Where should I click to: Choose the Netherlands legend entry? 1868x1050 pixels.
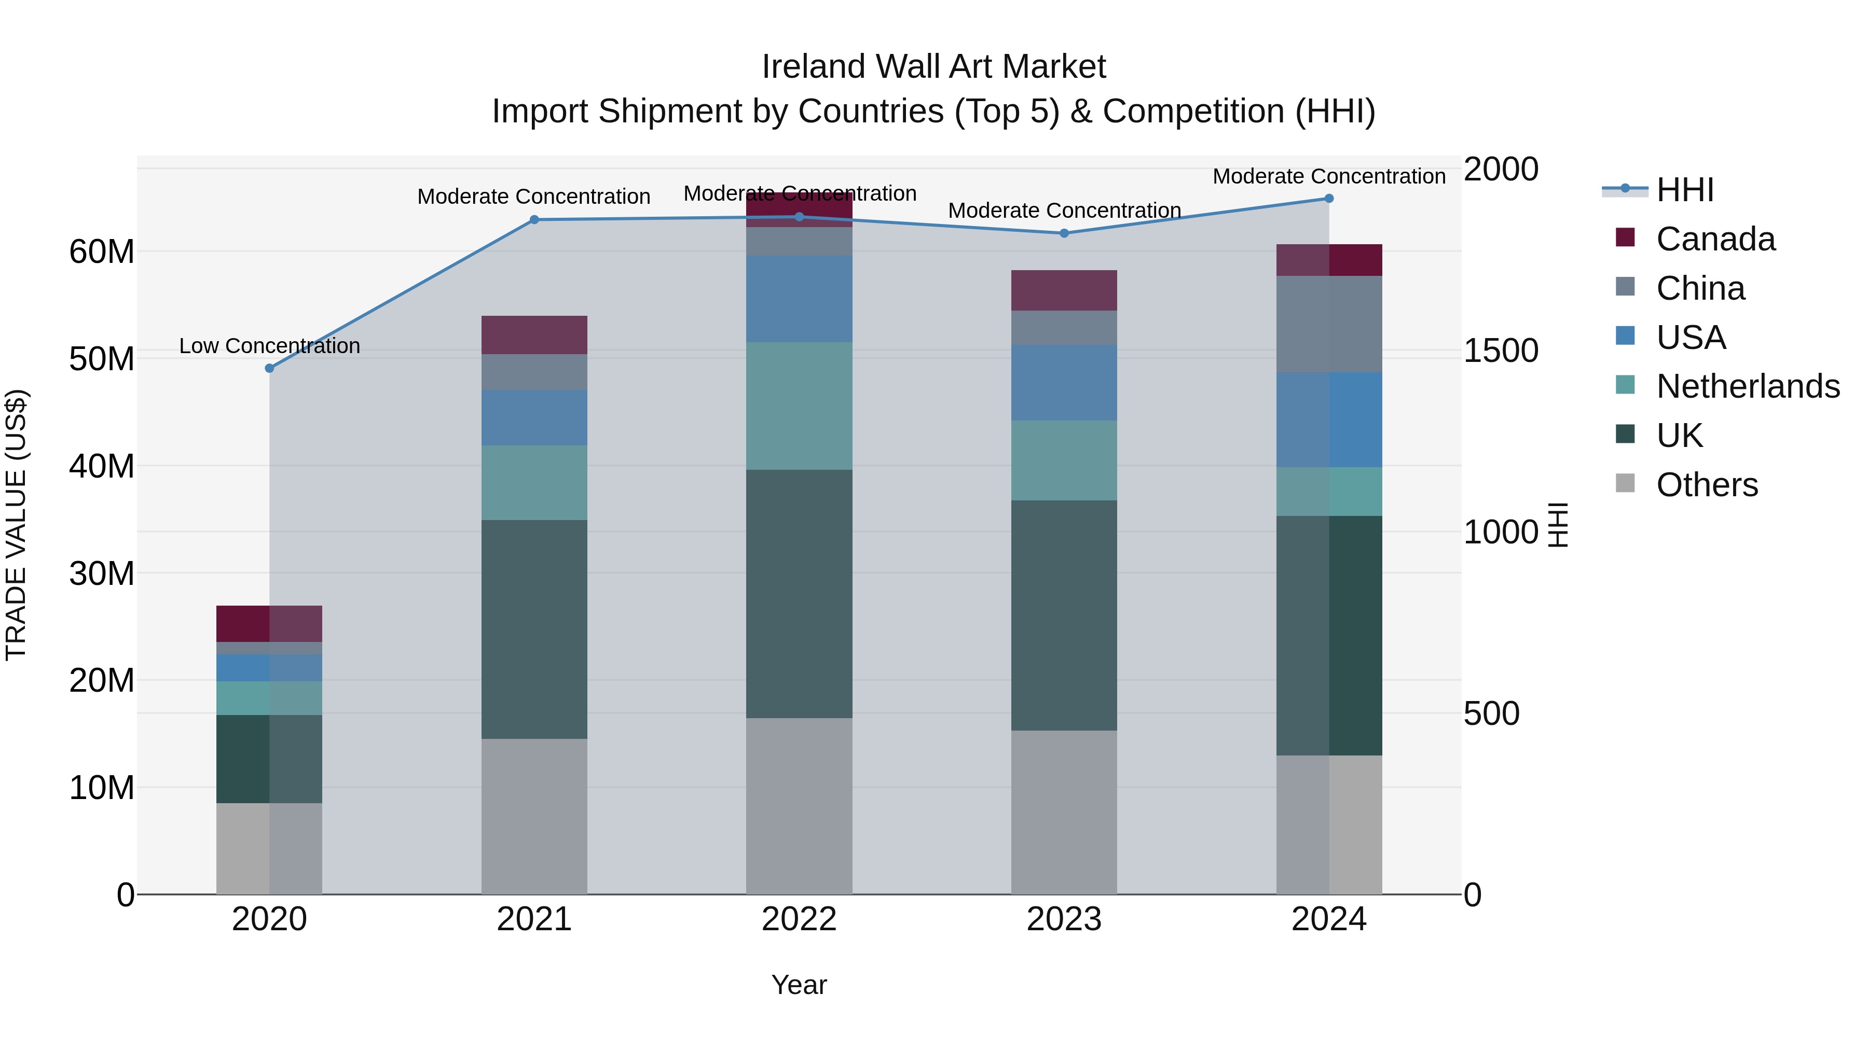tap(1748, 386)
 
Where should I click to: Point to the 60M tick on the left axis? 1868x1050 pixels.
tap(102, 252)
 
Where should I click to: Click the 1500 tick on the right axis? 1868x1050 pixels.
tap(1500, 351)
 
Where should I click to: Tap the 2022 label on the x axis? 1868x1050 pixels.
tap(799, 919)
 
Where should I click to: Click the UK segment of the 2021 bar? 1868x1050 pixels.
tap(534, 629)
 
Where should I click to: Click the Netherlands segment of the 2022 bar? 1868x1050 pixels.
tap(799, 406)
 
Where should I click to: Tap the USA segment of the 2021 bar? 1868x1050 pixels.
tap(534, 417)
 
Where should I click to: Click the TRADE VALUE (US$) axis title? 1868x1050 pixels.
tap(17, 525)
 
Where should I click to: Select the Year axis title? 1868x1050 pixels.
tap(799, 985)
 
